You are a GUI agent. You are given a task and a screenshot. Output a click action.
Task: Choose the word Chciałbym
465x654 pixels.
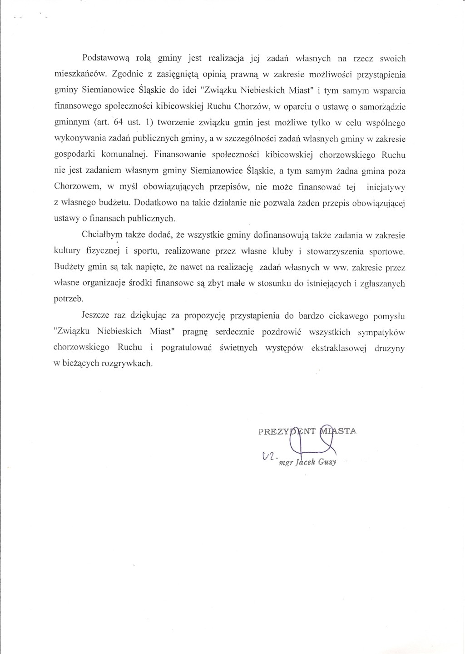coord(103,235)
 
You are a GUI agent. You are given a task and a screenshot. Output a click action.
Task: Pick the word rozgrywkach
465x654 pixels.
coord(130,364)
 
